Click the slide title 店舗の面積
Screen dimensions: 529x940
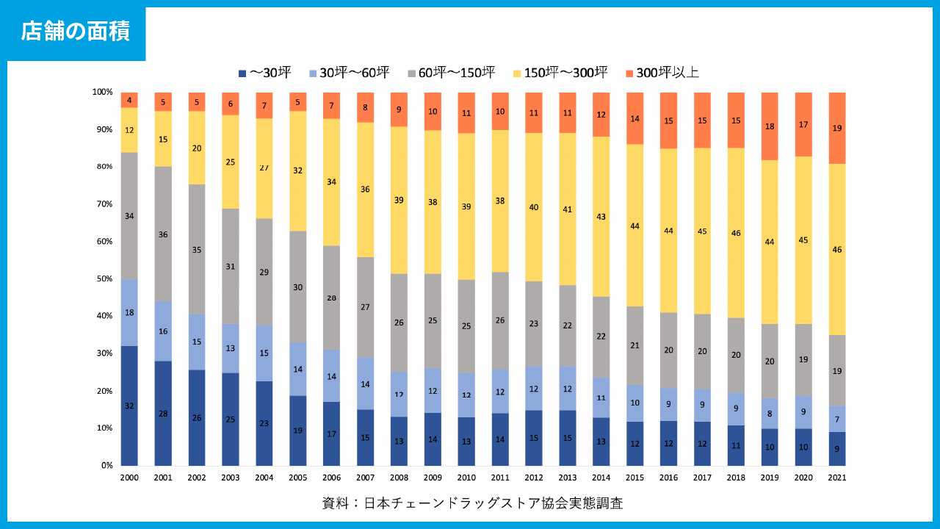76,32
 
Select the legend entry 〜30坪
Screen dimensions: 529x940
265,73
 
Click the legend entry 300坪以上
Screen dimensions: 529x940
662,73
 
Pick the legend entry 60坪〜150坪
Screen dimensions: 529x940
451,73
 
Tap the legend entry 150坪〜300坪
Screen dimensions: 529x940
560,73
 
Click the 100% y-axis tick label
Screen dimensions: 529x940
101,92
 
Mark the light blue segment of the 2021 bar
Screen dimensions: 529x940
836,420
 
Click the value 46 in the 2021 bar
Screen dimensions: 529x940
836,250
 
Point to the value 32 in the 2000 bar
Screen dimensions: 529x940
129,406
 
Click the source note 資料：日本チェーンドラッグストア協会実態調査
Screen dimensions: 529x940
472,504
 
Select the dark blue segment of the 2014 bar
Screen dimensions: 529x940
601,442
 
